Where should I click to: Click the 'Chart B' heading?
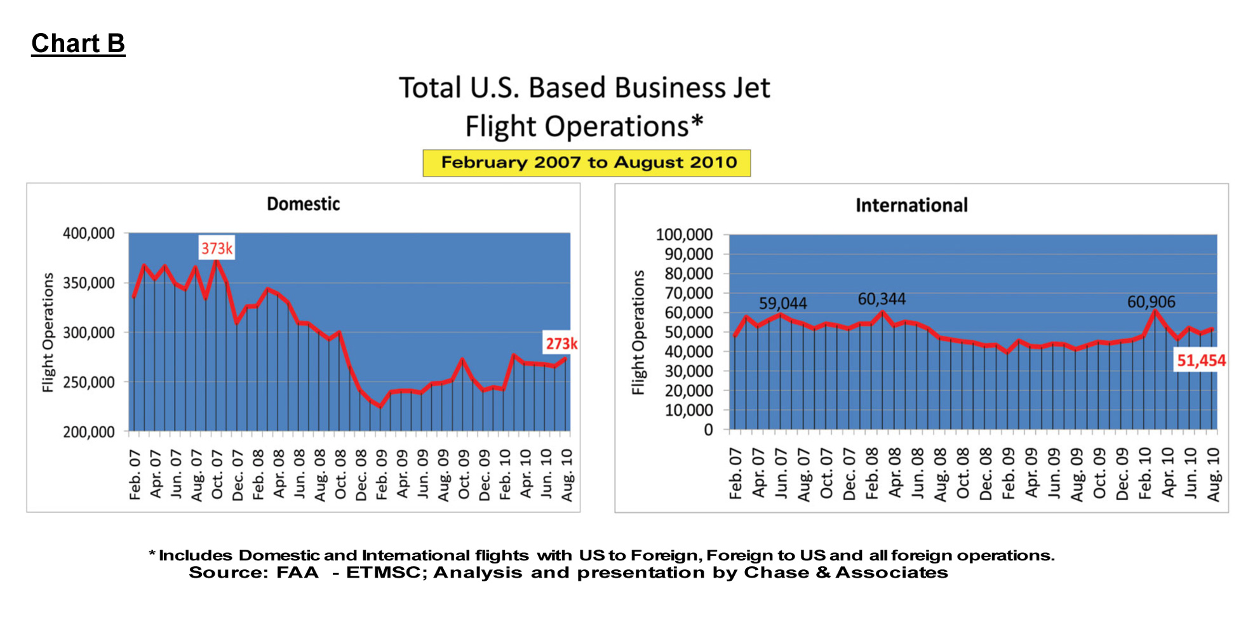78,44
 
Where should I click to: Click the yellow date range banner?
587,163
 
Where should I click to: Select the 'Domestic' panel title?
303,204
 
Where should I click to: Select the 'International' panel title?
911,205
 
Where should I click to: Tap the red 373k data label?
217,248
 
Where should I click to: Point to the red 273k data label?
561,343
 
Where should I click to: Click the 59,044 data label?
782,303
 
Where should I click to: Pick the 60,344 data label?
882,299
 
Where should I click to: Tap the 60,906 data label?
1151,302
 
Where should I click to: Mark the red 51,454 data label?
1201,361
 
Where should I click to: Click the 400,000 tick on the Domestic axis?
89,234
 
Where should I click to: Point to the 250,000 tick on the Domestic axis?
89,382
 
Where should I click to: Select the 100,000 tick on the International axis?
684,235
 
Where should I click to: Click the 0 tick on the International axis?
708,430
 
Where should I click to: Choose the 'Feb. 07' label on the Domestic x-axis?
135,474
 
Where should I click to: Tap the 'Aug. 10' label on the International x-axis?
1214,474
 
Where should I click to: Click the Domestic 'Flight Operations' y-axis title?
48,332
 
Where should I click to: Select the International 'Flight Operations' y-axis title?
638,332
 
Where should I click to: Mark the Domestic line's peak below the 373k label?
217,261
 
